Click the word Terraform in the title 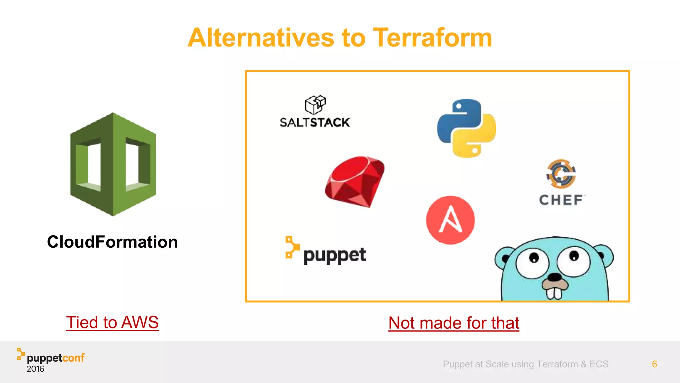click(x=432, y=38)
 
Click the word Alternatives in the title click(x=260, y=38)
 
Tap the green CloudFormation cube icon click(x=113, y=164)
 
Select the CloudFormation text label click(x=112, y=242)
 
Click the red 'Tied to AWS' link click(x=112, y=322)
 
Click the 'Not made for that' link click(x=454, y=323)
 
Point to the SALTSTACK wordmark click(x=314, y=122)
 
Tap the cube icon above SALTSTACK click(x=315, y=105)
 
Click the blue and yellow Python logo click(x=467, y=128)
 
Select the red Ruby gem click(x=355, y=182)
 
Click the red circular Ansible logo click(x=450, y=220)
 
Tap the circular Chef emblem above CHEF click(x=561, y=174)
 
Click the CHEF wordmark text click(x=561, y=200)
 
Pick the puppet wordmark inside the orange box click(x=334, y=255)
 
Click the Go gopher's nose click(x=554, y=277)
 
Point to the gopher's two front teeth click(x=554, y=293)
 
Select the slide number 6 click(x=654, y=364)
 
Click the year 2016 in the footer click(x=35, y=369)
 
